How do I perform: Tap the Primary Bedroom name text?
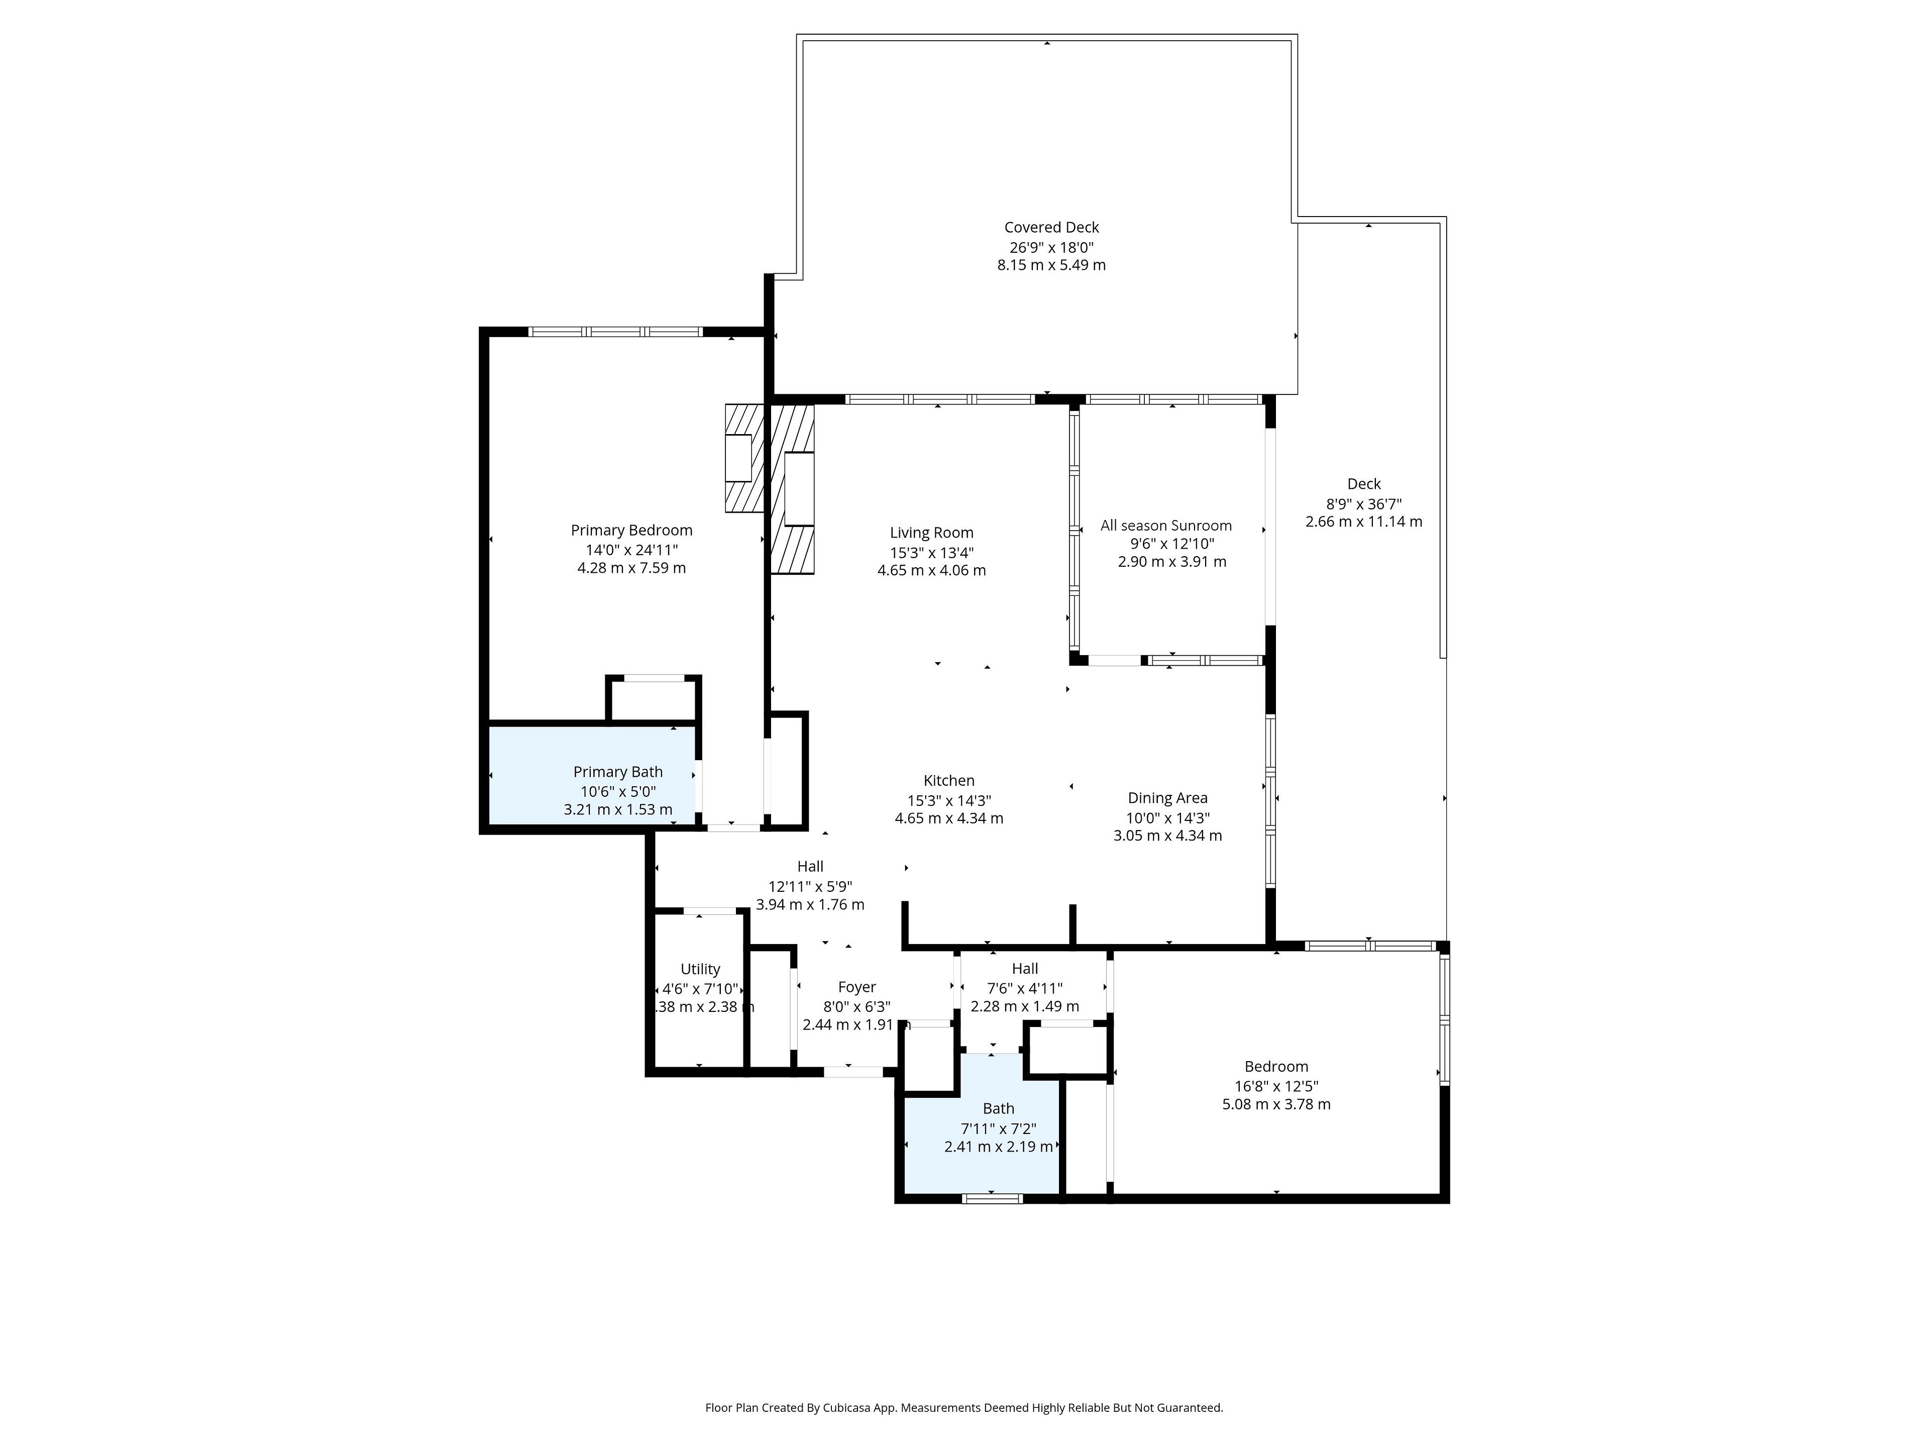[631, 530]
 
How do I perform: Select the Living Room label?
[931, 533]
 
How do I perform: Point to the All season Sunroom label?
[1166, 525]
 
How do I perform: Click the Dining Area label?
[1167, 798]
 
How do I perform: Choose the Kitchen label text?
[949, 781]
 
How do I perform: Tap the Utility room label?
[700, 969]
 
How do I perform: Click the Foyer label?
[856, 987]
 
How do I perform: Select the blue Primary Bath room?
[592, 775]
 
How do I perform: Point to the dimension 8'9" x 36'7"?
[1364, 503]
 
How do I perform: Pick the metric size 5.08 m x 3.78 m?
[1276, 1104]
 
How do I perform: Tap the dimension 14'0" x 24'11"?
[631, 550]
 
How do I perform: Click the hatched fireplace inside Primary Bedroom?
[744, 458]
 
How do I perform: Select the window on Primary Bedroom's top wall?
[616, 332]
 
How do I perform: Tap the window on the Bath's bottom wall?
[993, 1198]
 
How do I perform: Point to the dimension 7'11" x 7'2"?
[999, 1128]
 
